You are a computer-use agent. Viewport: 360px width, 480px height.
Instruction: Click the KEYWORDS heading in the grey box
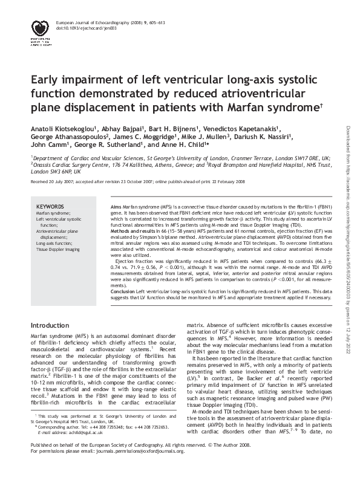[x=51, y=206]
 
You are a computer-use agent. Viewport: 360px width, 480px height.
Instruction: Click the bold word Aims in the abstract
[x=119, y=207]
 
